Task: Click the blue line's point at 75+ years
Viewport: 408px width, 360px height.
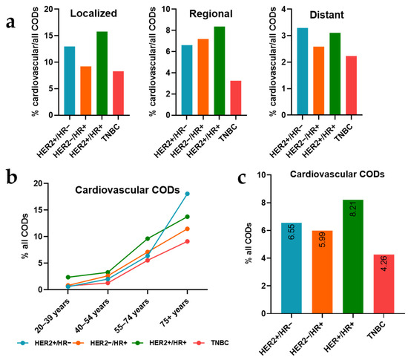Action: point(187,194)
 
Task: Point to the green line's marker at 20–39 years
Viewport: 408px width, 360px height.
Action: point(69,277)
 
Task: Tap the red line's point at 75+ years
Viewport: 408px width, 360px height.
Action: point(187,241)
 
